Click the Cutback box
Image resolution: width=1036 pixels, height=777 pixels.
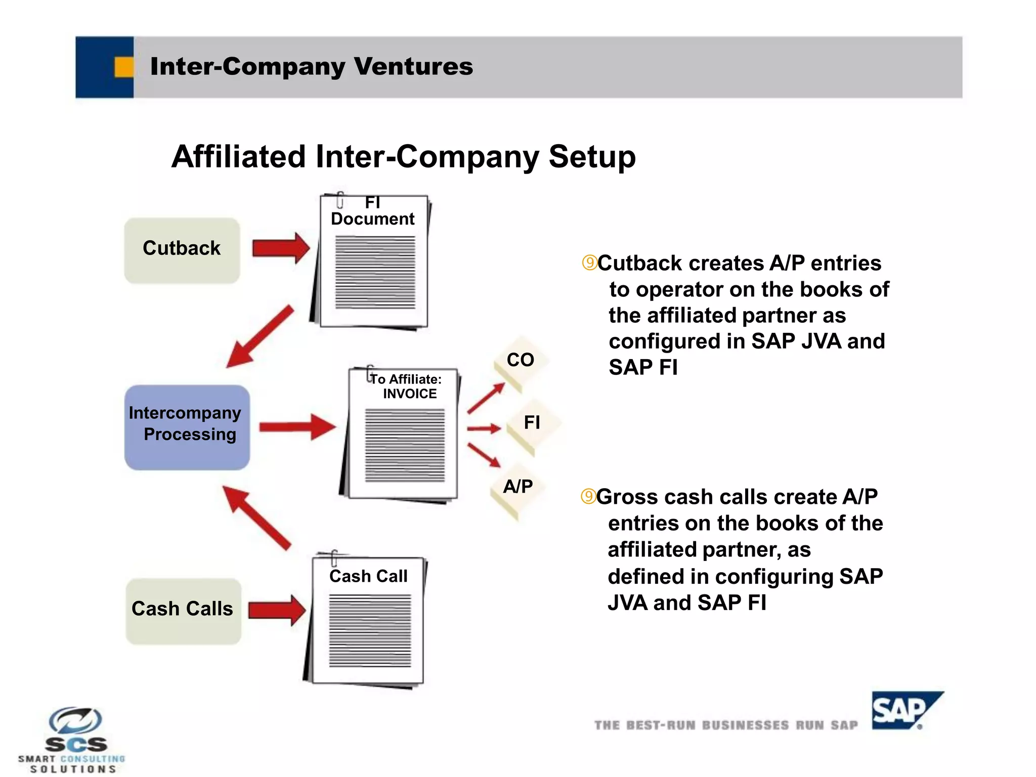pos(182,250)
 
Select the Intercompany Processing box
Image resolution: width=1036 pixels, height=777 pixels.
pos(187,427)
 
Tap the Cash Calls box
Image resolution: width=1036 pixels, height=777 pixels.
pos(183,611)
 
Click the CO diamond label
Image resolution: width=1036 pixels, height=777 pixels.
pos(521,360)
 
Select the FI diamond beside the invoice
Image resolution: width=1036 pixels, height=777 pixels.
pos(532,422)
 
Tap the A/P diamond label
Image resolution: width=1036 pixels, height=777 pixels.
pos(518,487)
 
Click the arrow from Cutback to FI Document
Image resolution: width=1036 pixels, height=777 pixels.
pos(281,248)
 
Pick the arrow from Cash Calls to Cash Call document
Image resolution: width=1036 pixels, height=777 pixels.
pos(277,610)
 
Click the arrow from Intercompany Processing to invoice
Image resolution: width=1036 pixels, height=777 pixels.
pos(296,427)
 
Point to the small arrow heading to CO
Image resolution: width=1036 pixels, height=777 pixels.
pos(486,398)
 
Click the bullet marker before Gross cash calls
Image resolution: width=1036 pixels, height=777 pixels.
pos(588,496)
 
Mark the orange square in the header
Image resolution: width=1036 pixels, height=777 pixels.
pos(124,67)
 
